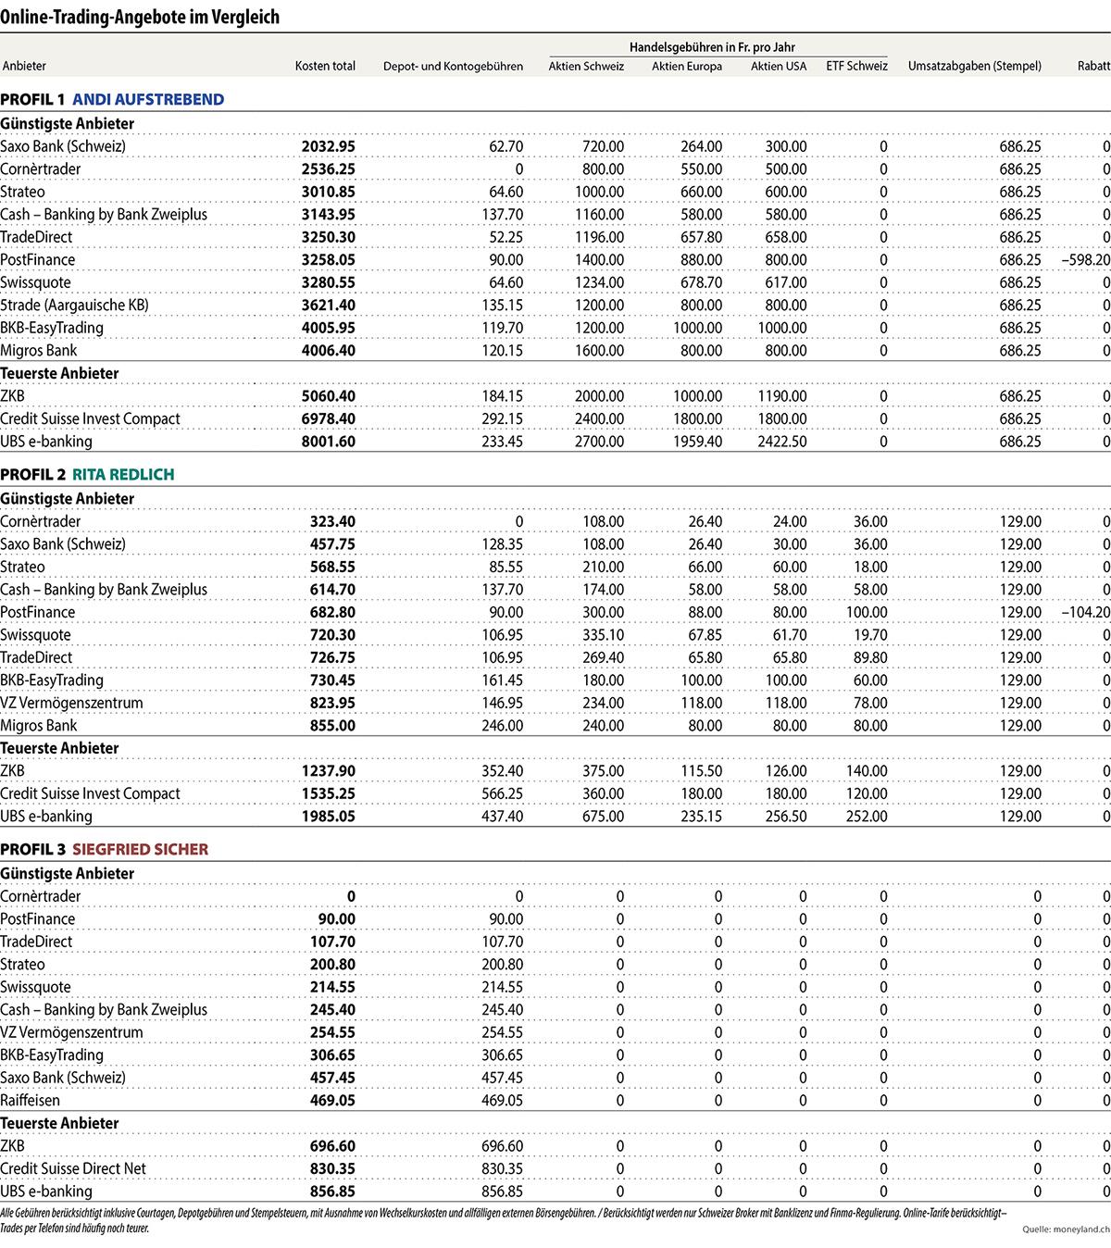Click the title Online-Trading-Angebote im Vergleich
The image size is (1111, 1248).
(x=140, y=17)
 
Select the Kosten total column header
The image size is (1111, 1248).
(x=325, y=66)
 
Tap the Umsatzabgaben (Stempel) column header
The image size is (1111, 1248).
(x=974, y=66)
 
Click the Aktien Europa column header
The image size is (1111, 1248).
(x=686, y=66)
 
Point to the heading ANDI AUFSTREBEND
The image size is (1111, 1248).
(x=148, y=99)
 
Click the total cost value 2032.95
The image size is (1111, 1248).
(x=328, y=146)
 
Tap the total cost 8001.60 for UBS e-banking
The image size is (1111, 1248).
(x=328, y=442)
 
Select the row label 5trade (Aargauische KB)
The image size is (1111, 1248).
(x=74, y=306)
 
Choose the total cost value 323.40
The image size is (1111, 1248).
(x=332, y=521)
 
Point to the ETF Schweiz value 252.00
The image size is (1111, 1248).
(x=867, y=817)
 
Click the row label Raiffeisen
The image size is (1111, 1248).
(x=30, y=1100)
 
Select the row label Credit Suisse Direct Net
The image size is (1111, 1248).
(x=73, y=1168)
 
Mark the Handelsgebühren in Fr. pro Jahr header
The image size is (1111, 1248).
(x=712, y=47)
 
